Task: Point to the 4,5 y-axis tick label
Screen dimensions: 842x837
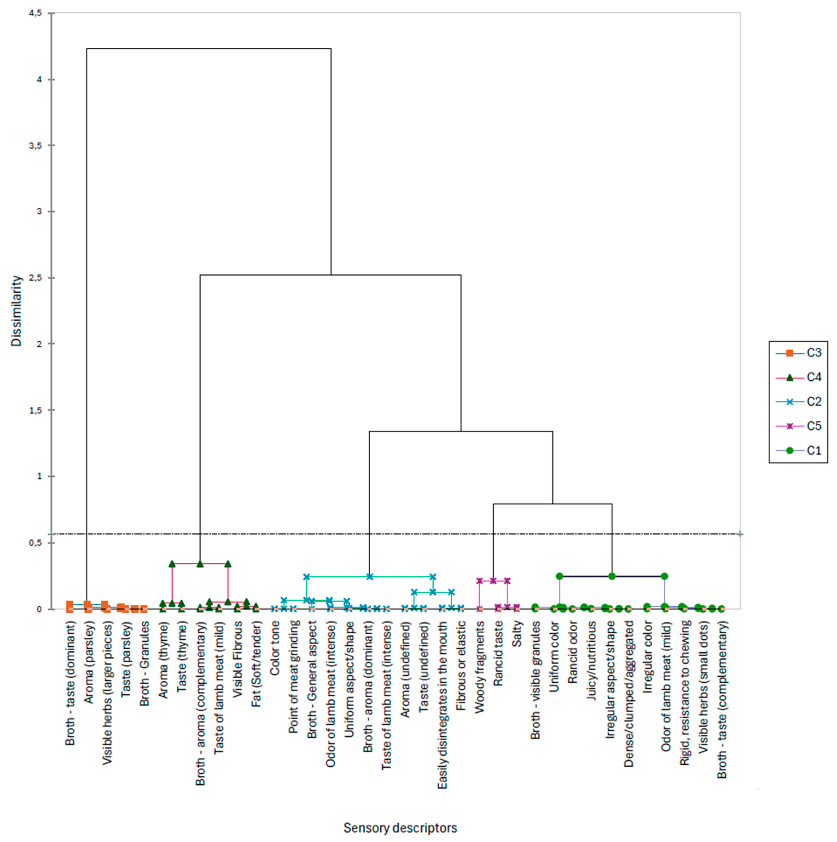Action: coord(36,13)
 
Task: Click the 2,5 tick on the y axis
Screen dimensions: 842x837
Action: coord(36,278)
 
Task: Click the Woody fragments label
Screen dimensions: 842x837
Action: coord(480,667)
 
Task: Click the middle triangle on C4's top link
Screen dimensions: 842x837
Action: coord(200,563)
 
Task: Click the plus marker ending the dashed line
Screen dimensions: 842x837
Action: coord(740,534)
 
